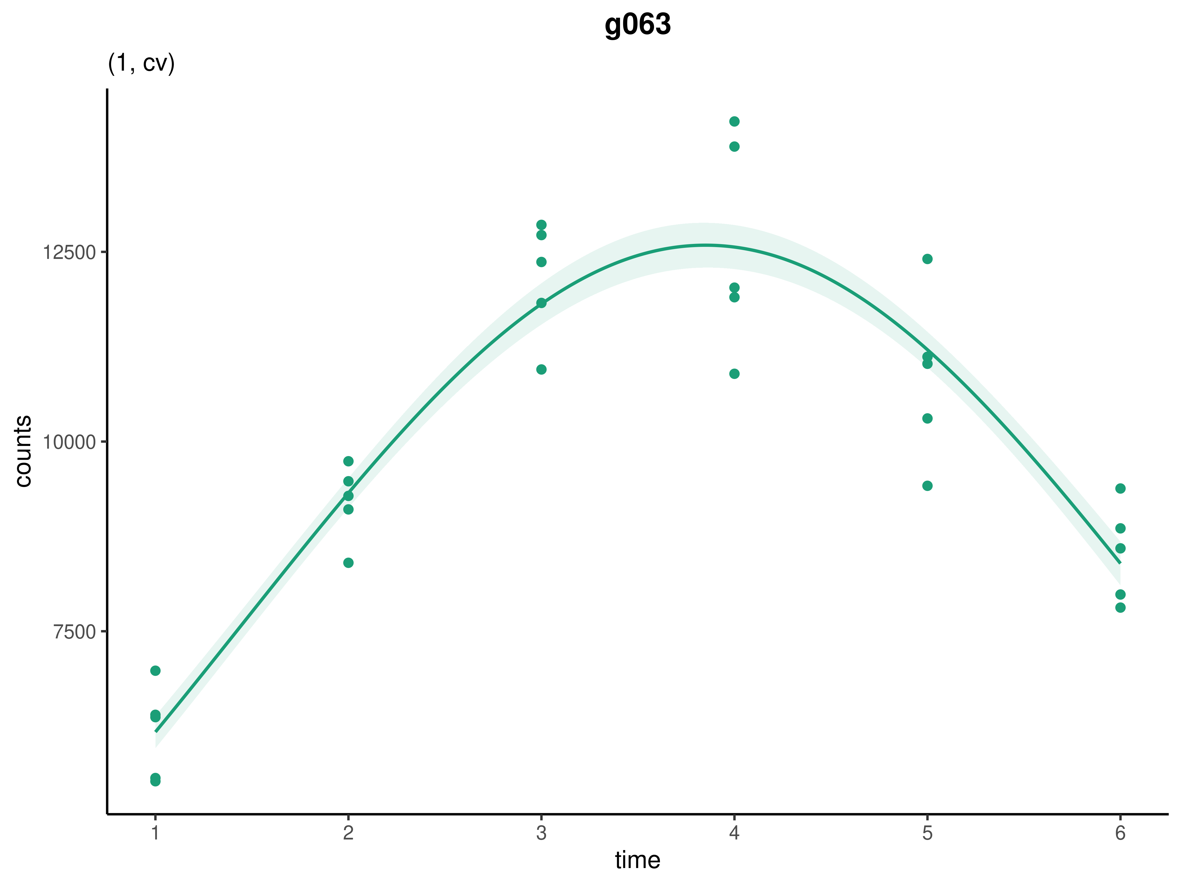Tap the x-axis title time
pos(637,860)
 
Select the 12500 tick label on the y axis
pos(69,253)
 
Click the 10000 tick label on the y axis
pos(69,442)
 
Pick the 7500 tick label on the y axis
pos(74,632)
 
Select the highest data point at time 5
pos(927,259)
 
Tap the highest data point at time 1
pos(155,671)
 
